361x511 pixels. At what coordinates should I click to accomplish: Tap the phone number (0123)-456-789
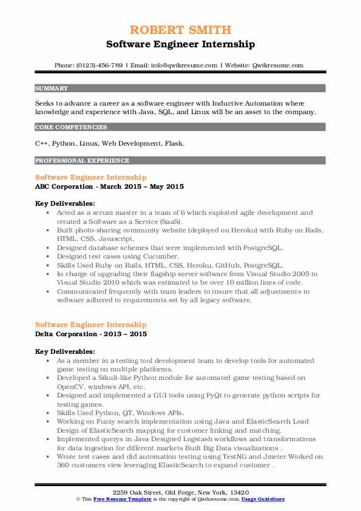click(x=100, y=66)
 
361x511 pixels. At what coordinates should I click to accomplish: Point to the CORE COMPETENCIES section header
click(x=71, y=127)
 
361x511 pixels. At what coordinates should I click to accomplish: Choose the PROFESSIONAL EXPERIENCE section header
click(x=82, y=161)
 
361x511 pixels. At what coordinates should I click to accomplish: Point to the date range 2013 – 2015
click(x=127, y=334)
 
